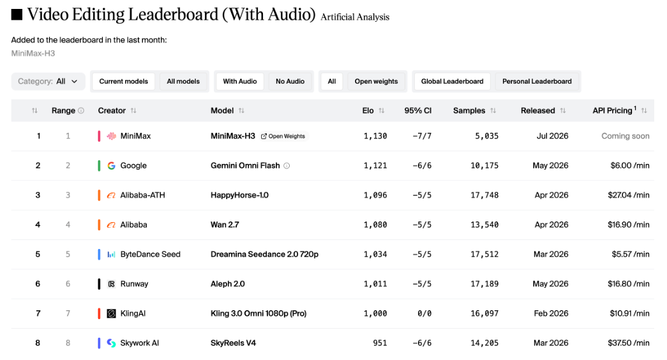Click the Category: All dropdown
pyautogui.click(x=48, y=81)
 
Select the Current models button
pyautogui.click(x=123, y=81)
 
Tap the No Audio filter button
pyautogui.click(x=290, y=81)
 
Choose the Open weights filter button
pyautogui.click(x=376, y=81)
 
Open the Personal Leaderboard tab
pyautogui.click(x=537, y=81)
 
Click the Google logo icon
pyautogui.click(x=112, y=165)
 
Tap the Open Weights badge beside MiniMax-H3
pyautogui.click(x=283, y=136)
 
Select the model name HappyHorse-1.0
pyautogui.click(x=239, y=195)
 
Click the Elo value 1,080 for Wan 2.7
pyautogui.click(x=375, y=225)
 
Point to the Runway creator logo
pyautogui.click(x=112, y=284)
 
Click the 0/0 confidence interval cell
pyautogui.click(x=424, y=313)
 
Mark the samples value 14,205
pyautogui.click(x=484, y=343)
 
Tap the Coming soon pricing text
pyautogui.click(x=626, y=136)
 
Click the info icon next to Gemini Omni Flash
pyautogui.click(x=287, y=165)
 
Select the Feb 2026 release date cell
pyautogui.click(x=551, y=313)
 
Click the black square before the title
pyautogui.click(x=17, y=15)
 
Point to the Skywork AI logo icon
pyautogui.click(x=112, y=343)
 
